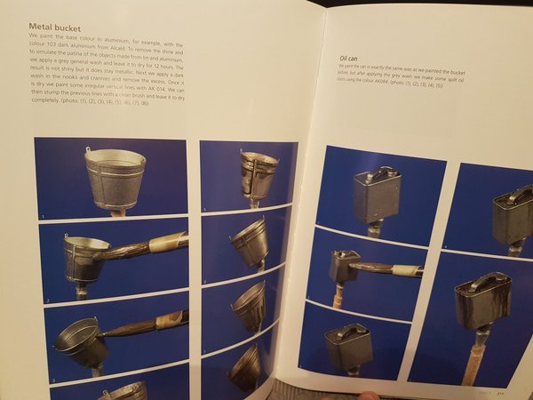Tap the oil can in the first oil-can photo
pyautogui.click(x=376, y=195)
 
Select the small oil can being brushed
pyautogui.click(x=344, y=264)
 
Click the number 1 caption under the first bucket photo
pyautogui.click(x=41, y=216)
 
